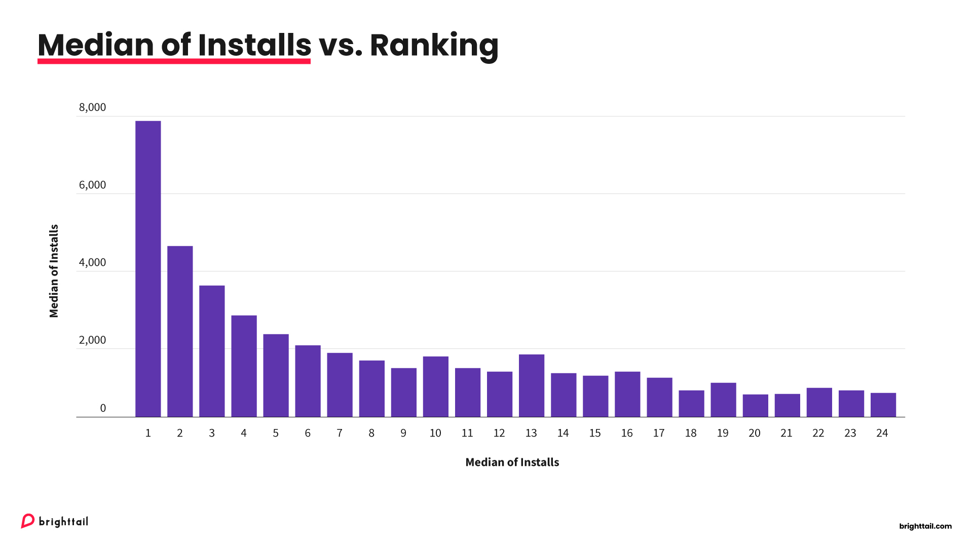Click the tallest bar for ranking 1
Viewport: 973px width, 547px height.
pyautogui.click(x=148, y=268)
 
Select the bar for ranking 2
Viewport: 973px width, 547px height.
pyautogui.click(x=180, y=332)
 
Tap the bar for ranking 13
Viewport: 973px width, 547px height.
pyautogui.click(x=531, y=386)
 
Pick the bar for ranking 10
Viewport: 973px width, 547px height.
pyautogui.click(x=435, y=387)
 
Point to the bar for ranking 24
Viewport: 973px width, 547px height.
pyautogui.click(x=883, y=405)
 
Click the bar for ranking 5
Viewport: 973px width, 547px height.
pyautogui.click(x=276, y=376)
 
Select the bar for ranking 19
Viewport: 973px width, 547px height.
pyautogui.click(x=723, y=400)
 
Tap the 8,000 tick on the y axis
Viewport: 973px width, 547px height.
pyautogui.click(x=92, y=107)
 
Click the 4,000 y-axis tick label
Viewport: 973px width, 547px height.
pyautogui.click(x=92, y=262)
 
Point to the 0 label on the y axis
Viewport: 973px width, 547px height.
pyautogui.click(x=103, y=408)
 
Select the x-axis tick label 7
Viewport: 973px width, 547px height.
pyautogui.click(x=340, y=433)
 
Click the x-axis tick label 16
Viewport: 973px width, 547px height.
pyautogui.click(x=627, y=433)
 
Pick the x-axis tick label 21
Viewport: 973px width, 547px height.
pyautogui.click(x=787, y=433)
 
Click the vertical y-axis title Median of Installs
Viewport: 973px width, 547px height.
pyautogui.click(x=54, y=271)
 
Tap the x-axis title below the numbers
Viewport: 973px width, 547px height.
pyautogui.click(x=512, y=462)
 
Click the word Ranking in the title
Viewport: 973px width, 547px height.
pyautogui.click(x=434, y=46)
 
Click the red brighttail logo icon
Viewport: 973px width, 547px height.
pyautogui.click(x=27, y=521)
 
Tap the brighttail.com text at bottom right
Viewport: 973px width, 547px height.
pyautogui.click(x=925, y=526)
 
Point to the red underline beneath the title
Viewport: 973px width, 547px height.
pyautogui.click(x=174, y=61)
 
